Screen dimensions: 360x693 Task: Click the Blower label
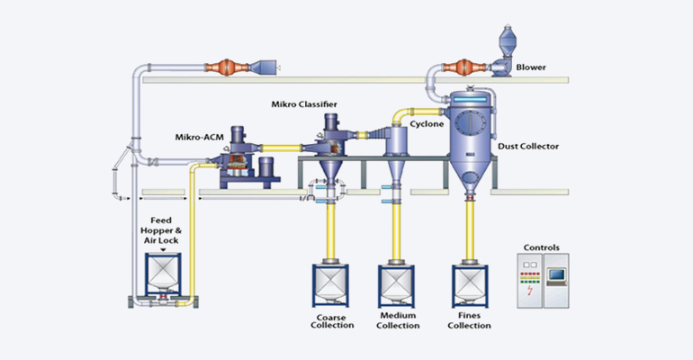pyautogui.click(x=531, y=67)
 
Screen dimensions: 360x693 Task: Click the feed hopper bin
pyautogui.click(x=164, y=269)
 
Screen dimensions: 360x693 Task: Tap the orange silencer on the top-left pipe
pyautogui.click(x=227, y=67)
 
